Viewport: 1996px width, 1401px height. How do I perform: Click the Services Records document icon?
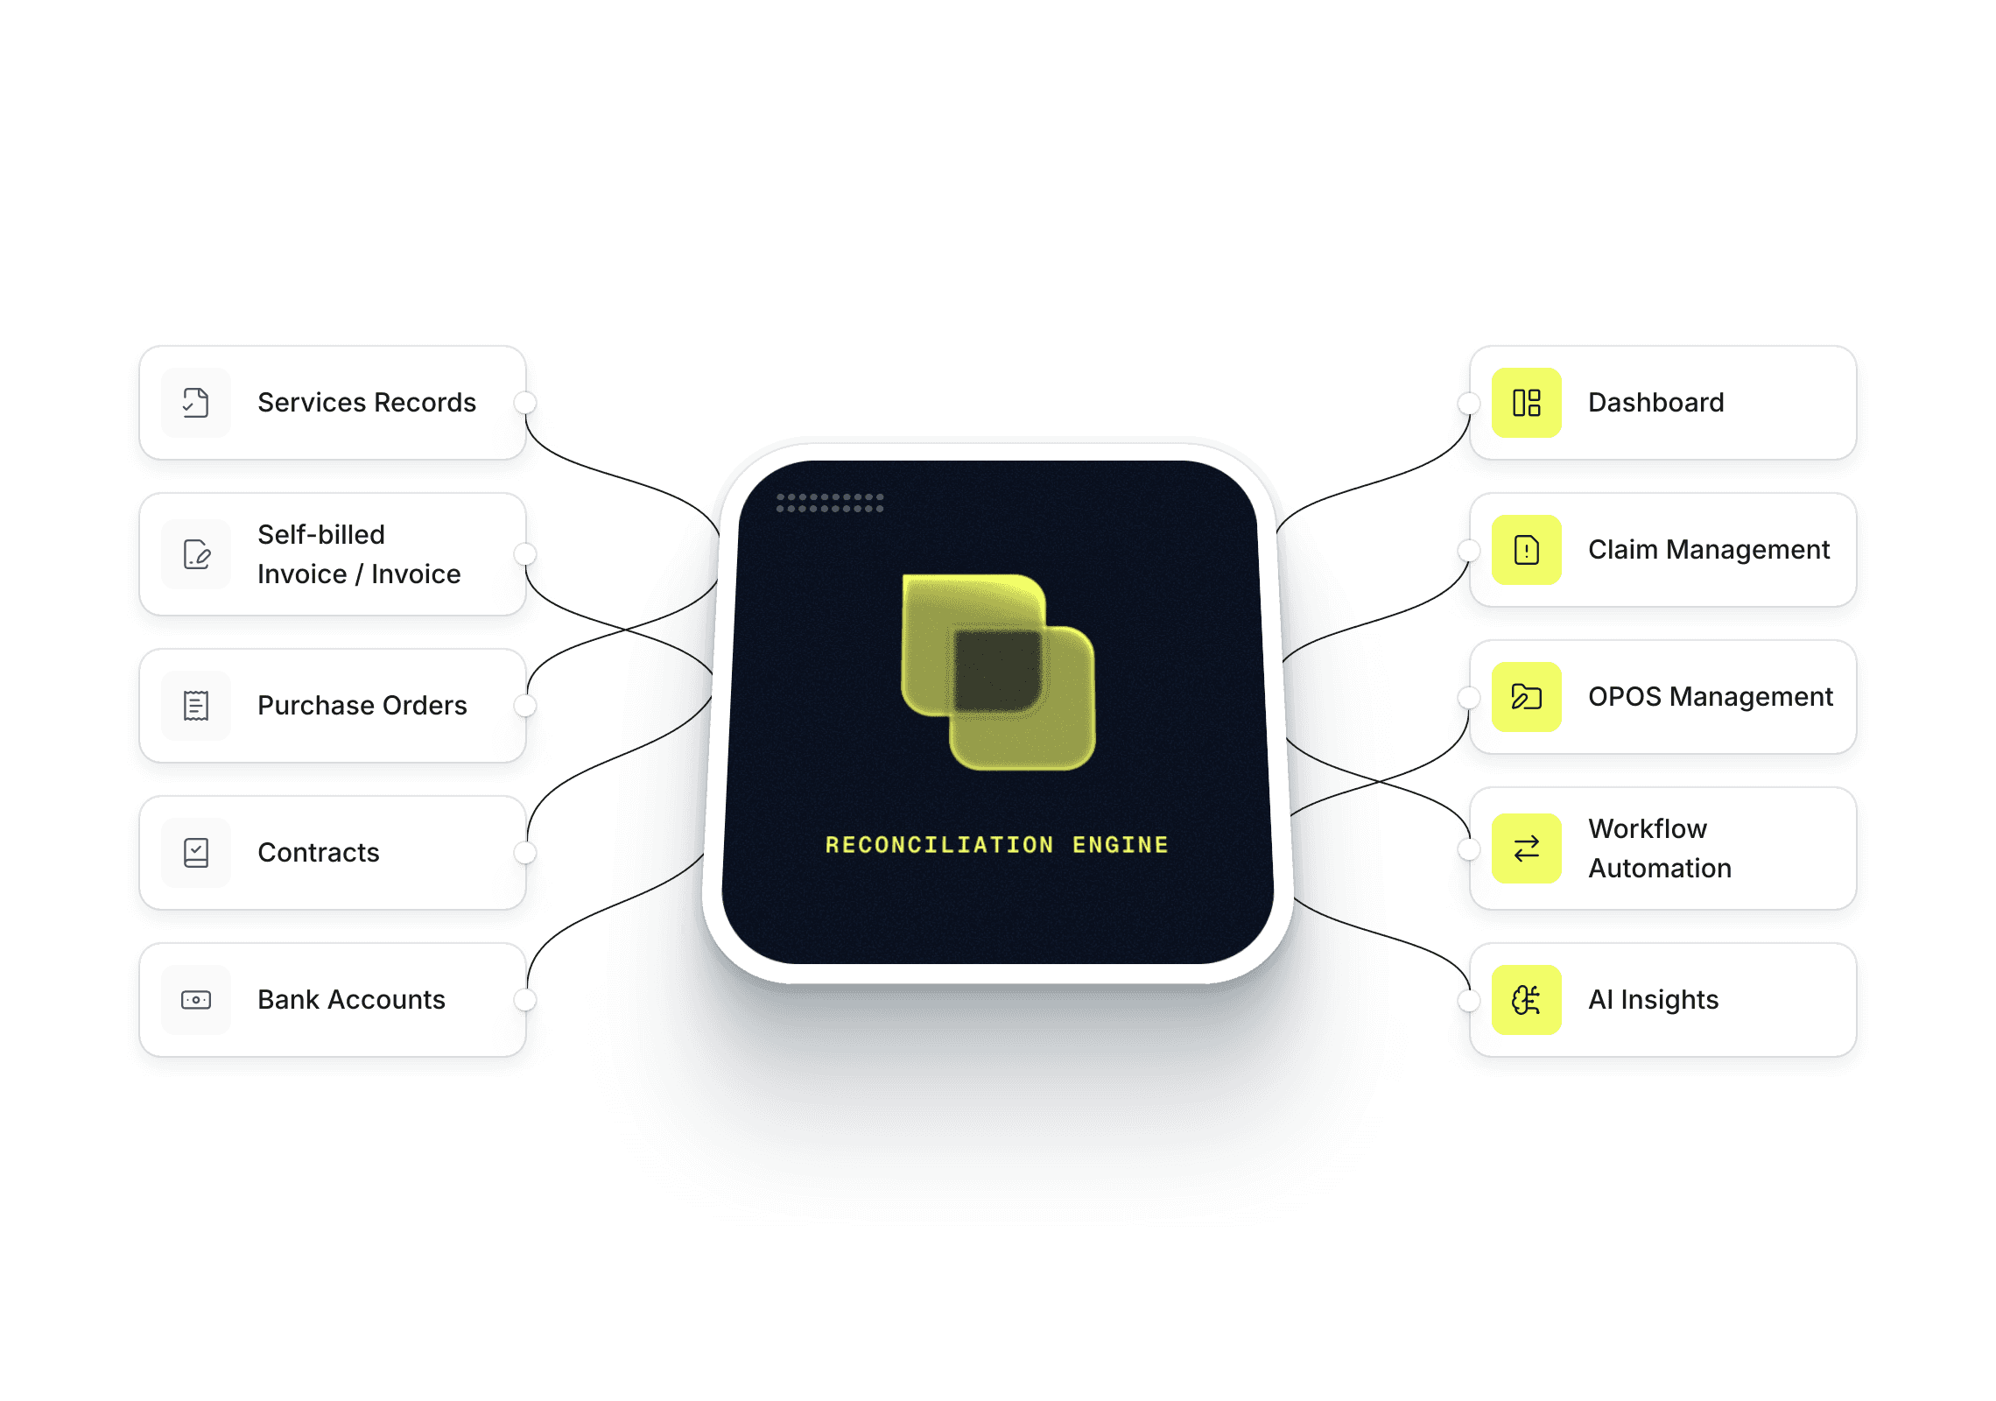tap(196, 403)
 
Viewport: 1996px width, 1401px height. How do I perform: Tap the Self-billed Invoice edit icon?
tap(196, 554)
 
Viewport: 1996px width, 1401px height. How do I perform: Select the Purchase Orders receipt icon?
tap(196, 706)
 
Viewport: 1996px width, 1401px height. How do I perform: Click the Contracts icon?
tap(196, 853)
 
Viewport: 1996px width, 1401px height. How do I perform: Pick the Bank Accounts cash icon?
tap(196, 1000)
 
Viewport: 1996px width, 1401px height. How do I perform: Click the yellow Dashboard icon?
tap(1526, 403)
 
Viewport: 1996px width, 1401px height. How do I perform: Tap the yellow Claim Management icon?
tap(1526, 550)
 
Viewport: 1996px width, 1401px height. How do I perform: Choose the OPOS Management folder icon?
tap(1526, 697)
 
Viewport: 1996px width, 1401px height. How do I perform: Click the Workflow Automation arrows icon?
tap(1526, 848)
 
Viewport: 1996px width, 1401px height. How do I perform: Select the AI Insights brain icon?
tap(1526, 1000)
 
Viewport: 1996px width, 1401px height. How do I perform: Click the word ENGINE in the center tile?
tap(1120, 845)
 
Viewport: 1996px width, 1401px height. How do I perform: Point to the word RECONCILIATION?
tap(938, 845)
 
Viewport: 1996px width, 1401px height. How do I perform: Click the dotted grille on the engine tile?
tap(830, 503)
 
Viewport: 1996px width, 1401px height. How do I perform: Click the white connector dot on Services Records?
tap(525, 403)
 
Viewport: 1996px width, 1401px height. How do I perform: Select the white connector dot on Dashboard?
tap(1469, 403)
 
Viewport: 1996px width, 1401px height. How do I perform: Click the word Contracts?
tap(318, 853)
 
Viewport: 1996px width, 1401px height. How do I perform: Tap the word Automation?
tap(1660, 869)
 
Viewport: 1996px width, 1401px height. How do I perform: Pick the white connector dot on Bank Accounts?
tap(525, 1000)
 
